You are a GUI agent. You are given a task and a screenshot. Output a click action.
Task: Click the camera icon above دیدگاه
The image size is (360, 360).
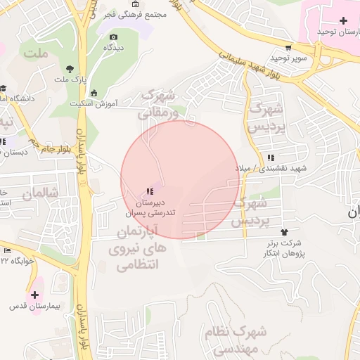pyautogui.click(x=115, y=37)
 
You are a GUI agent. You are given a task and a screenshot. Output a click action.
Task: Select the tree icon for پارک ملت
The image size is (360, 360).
pyautogui.click(x=70, y=69)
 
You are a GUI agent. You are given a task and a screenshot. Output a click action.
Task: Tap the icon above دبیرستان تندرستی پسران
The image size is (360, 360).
pyautogui.click(x=149, y=191)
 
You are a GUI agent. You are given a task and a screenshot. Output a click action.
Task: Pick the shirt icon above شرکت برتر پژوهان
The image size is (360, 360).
pyautogui.click(x=284, y=231)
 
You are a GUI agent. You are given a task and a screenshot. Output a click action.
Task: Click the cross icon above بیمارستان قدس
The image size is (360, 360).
pyautogui.click(x=34, y=294)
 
